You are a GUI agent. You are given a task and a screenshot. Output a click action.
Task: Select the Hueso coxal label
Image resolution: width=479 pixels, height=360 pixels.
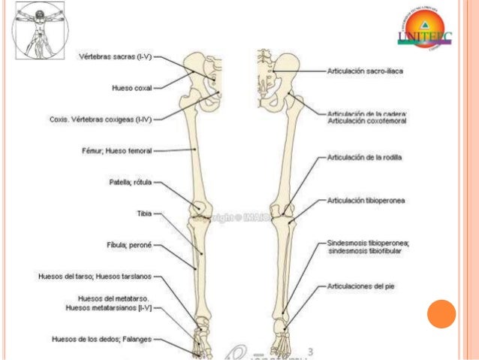pos(131,87)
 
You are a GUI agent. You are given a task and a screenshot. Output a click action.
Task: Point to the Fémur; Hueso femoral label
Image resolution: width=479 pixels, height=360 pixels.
pos(116,150)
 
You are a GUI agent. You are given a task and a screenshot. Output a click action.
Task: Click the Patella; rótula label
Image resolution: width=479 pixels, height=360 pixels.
pos(131,182)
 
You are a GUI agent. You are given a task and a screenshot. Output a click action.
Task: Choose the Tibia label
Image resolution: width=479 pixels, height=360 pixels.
pos(144,213)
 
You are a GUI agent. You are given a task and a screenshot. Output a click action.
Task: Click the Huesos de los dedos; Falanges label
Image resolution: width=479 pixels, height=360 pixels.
pos(101,339)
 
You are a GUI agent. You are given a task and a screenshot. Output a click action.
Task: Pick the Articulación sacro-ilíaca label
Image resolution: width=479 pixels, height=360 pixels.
pos(366,71)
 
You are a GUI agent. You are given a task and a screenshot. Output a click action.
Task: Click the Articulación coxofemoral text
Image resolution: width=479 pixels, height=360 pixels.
pos(366,121)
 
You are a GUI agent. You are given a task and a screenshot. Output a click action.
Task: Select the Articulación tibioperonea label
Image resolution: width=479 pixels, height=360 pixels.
pos(366,201)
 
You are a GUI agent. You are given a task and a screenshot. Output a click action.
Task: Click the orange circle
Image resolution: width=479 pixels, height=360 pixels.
pos(441,313)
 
